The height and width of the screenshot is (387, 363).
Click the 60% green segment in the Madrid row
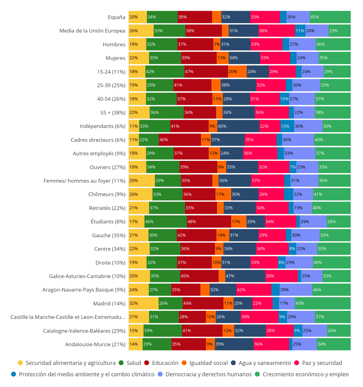[323, 303]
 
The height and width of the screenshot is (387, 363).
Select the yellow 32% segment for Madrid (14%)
[144, 303]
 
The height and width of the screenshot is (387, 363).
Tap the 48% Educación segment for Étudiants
[209, 222]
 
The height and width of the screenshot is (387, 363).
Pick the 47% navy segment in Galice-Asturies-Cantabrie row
[245, 276]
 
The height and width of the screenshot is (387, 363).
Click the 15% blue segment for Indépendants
[287, 126]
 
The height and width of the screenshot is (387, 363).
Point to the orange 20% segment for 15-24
[237, 72]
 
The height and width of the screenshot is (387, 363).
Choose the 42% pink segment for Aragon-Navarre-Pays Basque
[254, 290]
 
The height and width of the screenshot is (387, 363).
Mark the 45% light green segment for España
[330, 17]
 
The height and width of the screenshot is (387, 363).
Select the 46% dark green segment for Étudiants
[166, 222]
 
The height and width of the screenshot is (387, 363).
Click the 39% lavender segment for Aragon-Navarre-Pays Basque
[296, 290]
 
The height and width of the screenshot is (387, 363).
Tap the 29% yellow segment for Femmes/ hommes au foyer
[142, 180]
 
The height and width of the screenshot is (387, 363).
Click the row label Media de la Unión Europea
[92, 31]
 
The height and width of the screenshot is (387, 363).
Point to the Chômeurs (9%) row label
[107, 194]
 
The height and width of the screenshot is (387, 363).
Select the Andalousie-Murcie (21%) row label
[95, 344]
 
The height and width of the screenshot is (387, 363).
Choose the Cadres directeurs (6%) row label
[98, 140]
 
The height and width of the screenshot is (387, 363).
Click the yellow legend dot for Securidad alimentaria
[20, 363]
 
